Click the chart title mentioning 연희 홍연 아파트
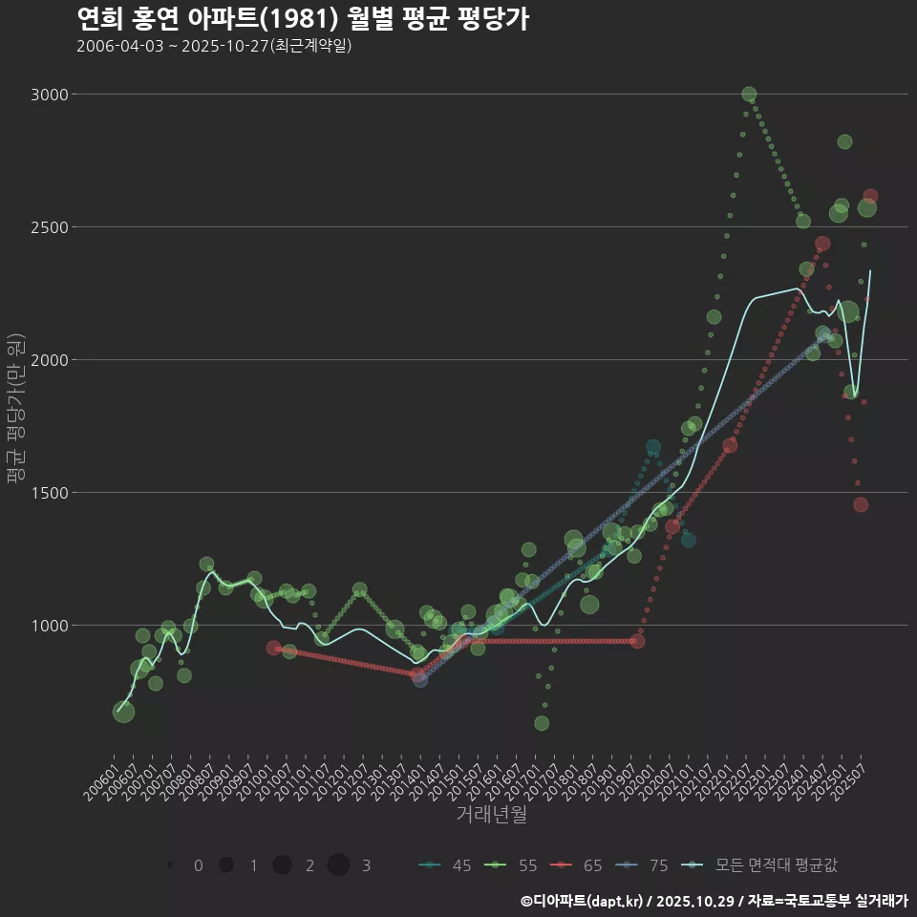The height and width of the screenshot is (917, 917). point(302,19)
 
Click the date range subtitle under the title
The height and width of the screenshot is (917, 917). point(214,46)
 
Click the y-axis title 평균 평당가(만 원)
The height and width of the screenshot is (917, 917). point(14,411)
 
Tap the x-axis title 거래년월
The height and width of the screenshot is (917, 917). point(491,815)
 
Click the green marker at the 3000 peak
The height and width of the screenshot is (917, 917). point(749,94)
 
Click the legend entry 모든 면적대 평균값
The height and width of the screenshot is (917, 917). point(764,865)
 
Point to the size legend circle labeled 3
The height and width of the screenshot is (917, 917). point(339,865)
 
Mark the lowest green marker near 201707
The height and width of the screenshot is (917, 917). point(542,723)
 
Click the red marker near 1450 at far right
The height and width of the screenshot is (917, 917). point(861,504)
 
